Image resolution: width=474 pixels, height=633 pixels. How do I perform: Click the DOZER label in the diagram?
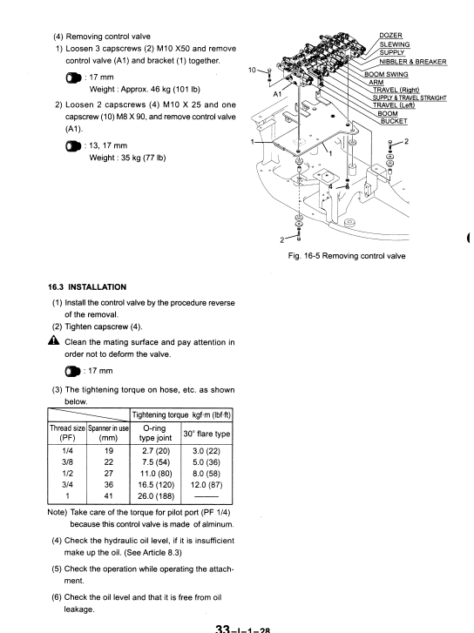click(x=390, y=36)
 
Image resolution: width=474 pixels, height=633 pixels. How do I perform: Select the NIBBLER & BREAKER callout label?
click(x=413, y=62)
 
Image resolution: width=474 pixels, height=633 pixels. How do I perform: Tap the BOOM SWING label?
click(x=386, y=74)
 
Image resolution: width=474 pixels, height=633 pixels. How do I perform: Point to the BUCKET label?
click(x=394, y=121)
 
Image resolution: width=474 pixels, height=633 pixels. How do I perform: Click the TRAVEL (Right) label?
click(x=396, y=90)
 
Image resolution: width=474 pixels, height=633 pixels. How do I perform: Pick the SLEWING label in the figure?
click(x=395, y=44)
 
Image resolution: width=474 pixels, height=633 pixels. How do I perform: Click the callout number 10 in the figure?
click(x=252, y=71)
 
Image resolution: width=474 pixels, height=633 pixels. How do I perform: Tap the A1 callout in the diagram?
click(x=277, y=94)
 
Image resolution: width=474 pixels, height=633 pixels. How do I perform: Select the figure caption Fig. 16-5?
click(x=347, y=256)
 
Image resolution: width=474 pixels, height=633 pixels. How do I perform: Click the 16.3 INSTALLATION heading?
click(x=87, y=287)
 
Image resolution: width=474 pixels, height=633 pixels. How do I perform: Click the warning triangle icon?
click(x=54, y=340)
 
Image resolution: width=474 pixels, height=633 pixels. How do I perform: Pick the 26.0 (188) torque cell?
click(x=156, y=495)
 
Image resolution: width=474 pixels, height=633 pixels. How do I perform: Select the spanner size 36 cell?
click(x=108, y=484)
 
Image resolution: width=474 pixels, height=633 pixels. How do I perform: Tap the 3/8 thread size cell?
click(x=67, y=462)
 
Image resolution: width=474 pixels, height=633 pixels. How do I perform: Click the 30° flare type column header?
click(x=207, y=434)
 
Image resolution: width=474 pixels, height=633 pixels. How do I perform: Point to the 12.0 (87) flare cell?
click(x=207, y=484)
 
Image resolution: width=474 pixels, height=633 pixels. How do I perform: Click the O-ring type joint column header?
click(x=155, y=433)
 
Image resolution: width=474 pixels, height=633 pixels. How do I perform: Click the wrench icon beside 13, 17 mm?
click(x=73, y=145)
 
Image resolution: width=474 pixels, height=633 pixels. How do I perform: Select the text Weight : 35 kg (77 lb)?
click(x=127, y=158)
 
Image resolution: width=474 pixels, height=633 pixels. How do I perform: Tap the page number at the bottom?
click(x=242, y=629)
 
